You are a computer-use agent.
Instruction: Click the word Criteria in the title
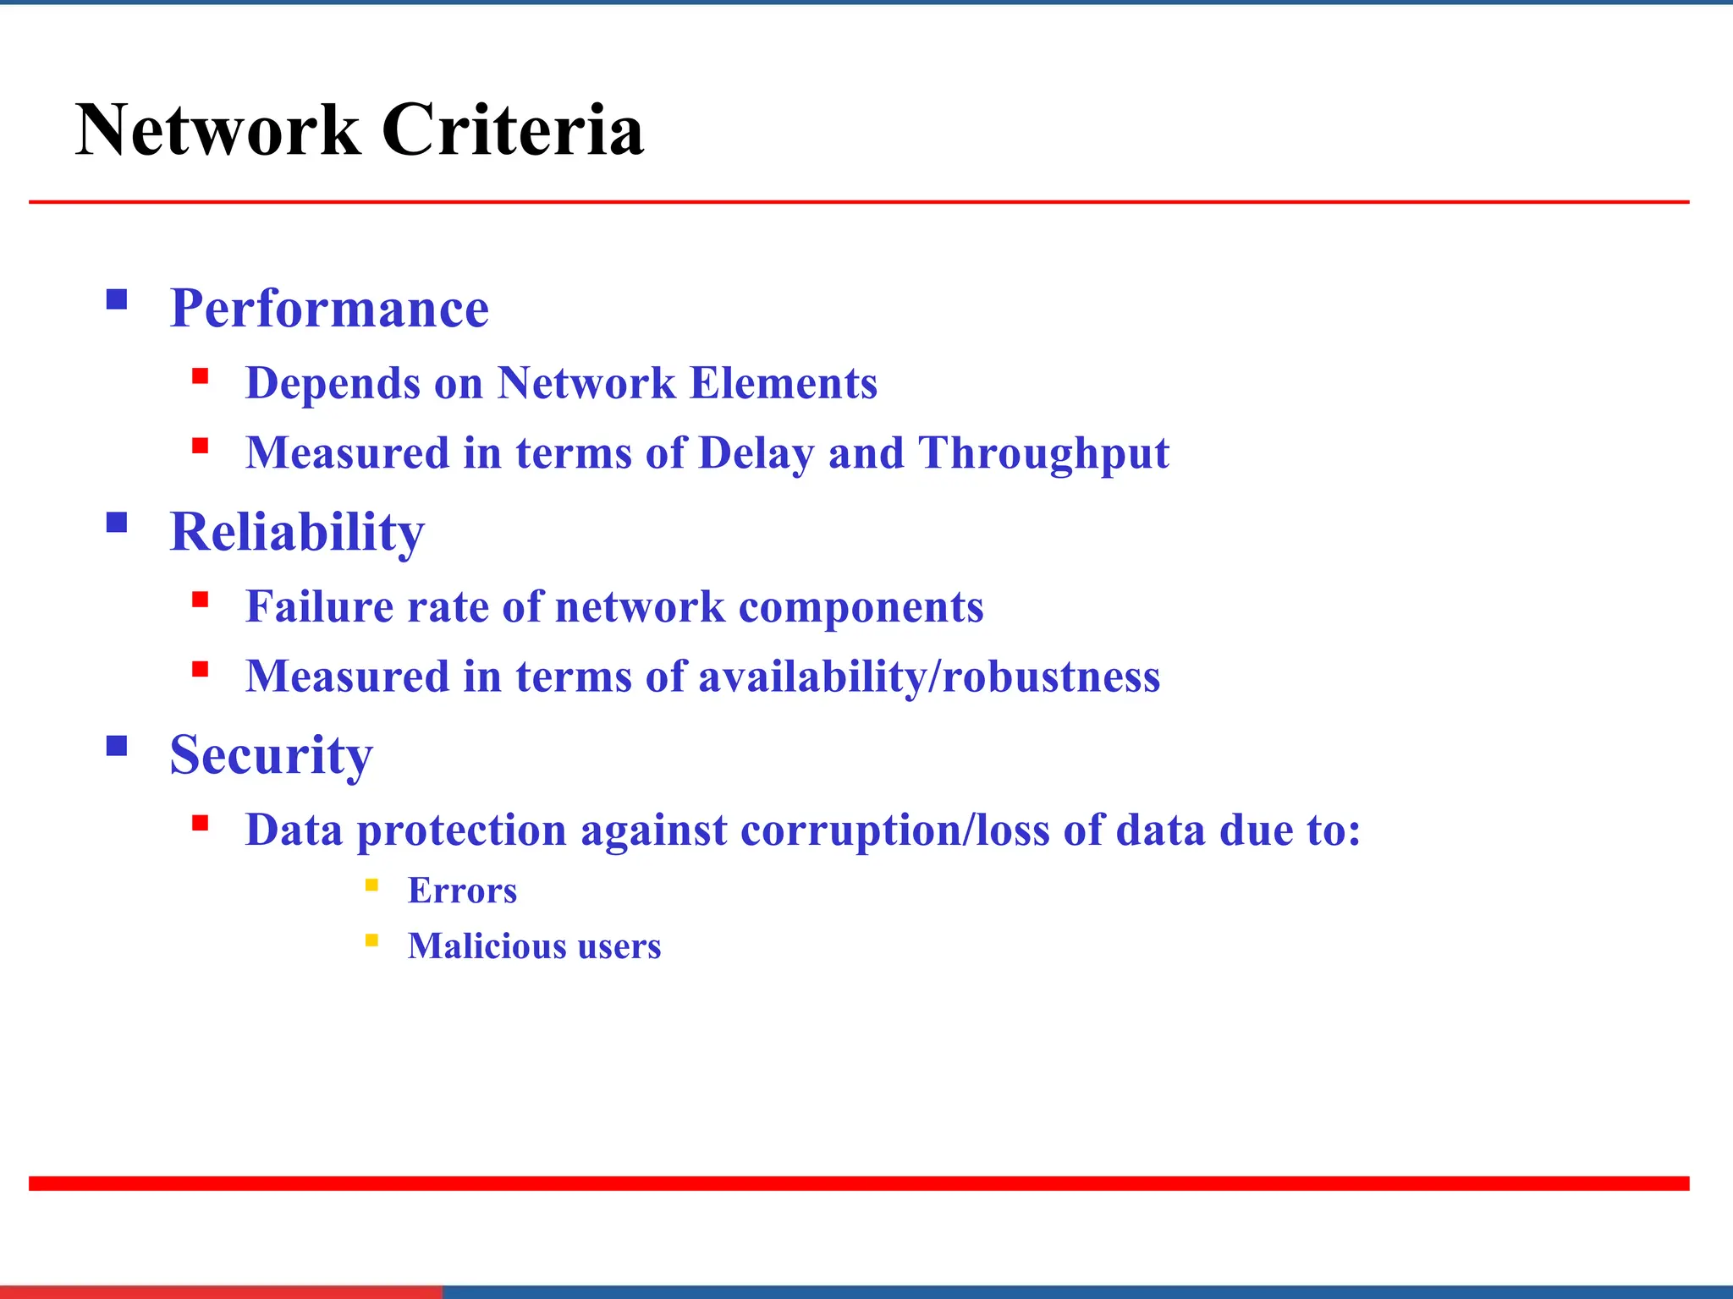(512, 131)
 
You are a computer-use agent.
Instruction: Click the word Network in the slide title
(218, 131)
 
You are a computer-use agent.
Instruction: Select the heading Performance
(329, 309)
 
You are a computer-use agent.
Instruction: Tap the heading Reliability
(297, 533)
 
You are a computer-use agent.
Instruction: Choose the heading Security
(271, 755)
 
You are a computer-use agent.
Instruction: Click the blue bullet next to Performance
(117, 299)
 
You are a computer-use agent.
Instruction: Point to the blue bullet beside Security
(117, 745)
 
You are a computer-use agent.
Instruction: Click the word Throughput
(1043, 453)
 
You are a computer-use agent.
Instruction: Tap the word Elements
(783, 383)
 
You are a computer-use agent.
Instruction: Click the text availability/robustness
(928, 677)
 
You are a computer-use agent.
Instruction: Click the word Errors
(462, 891)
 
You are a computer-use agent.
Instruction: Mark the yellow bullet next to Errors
(371, 885)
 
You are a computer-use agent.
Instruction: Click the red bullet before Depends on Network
(200, 376)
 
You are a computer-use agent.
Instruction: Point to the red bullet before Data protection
(200, 823)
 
